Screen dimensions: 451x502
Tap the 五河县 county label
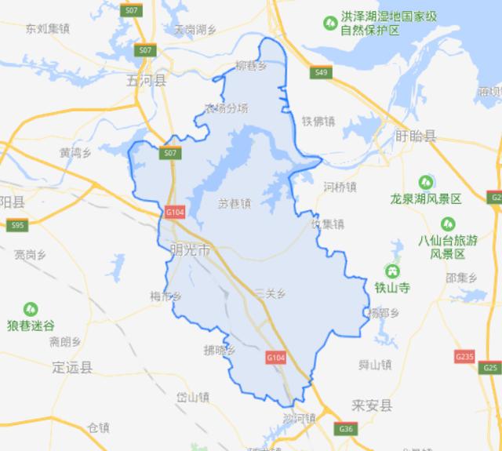tap(147, 80)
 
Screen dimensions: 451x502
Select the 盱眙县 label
tap(417, 136)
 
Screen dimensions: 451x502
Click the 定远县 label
tap(72, 366)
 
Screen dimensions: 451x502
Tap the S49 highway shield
tap(319, 73)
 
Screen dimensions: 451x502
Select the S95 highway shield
tap(17, 226)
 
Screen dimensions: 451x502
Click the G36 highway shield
tap(346, 429)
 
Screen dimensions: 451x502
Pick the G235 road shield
tap(465, 357)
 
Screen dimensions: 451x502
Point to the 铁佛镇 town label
tap(318, 121)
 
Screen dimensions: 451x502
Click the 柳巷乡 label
tap(251, 66)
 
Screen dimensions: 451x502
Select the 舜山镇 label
tap(374, 365)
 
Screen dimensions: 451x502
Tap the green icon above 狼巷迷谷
tap(31, 310)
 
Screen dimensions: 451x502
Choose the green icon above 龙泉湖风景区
tap(428, 182)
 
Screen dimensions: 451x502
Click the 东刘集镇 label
tap(47, 30)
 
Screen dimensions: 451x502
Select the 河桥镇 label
tap(340, 187)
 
